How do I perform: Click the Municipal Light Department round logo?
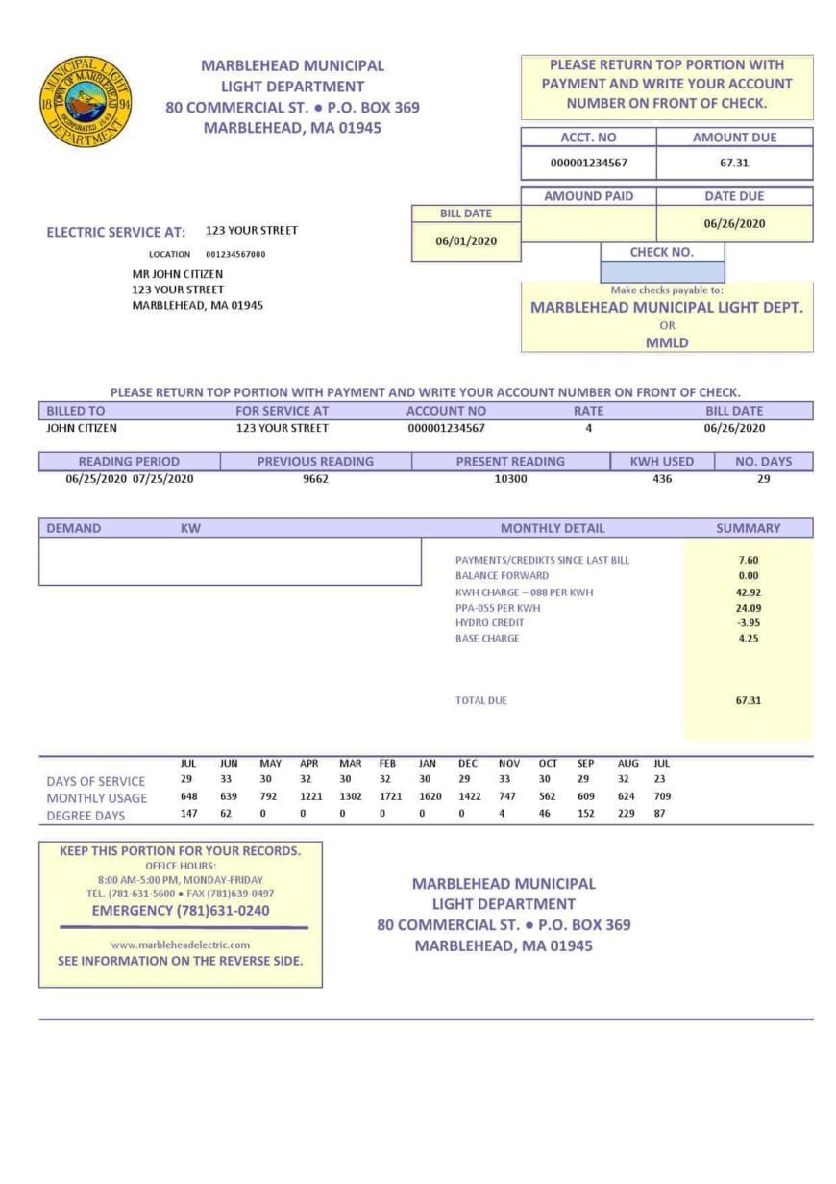tap(87, 101)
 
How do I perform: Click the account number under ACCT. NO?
tap(588, 163)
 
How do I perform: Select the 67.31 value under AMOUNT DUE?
tap(734, 163)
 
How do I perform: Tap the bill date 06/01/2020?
tap(466, 241)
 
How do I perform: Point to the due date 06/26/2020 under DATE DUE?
tap(734, 223)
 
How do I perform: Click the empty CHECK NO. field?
tap(662, 271)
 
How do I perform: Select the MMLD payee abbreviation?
tap(667, 341)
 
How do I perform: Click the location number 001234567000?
tap(235, 255)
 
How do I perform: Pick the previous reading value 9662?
tap(315, 478)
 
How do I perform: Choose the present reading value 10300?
tap(510, 478)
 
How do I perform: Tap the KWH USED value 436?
tap(662, 478)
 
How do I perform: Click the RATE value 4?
tap(588, 428)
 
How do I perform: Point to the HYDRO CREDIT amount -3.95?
tap(749, 622)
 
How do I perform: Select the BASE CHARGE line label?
tap(487, 638)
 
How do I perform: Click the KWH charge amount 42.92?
tap(749, 592)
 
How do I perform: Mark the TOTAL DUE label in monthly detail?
tap(480, 700)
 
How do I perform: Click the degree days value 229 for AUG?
tap(627, 814)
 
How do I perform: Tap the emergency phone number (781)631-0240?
tap(181, 910)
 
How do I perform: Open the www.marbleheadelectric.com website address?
tap(181, 945)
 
